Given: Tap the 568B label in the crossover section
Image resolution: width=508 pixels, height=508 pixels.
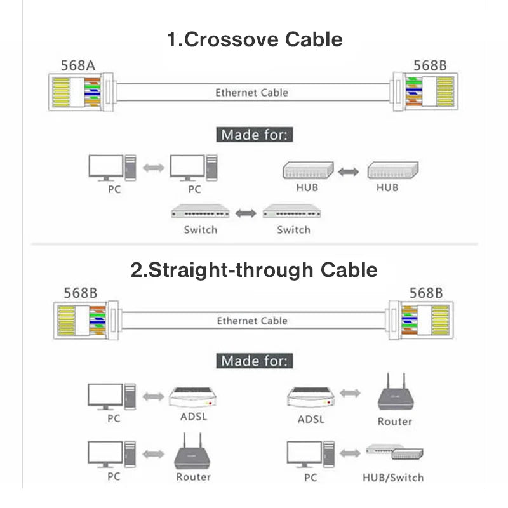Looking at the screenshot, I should coord(430,65).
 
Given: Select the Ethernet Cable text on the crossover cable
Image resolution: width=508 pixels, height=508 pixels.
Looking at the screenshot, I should coord(251,93).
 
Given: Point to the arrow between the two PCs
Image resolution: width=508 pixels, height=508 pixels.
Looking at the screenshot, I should coord(152,168).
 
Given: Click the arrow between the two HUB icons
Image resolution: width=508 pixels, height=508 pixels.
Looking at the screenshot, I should coord(348,171).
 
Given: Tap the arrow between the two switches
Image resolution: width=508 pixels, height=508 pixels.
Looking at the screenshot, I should coord(246,213).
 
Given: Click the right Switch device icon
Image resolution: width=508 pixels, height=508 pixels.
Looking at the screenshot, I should coord(293,211).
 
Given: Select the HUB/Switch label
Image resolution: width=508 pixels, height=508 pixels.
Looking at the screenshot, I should coord(392,478).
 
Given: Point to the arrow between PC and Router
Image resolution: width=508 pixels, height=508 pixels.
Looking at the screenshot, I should coord(152,454).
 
